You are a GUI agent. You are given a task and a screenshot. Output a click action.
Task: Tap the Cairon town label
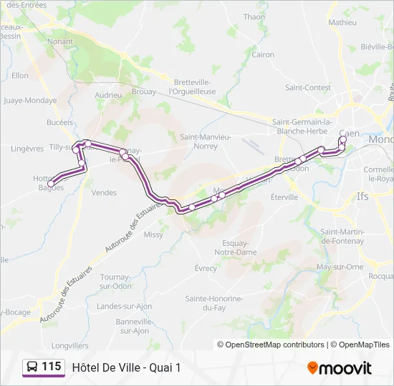pos(263,54)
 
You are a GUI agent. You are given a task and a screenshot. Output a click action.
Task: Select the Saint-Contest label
pos(307,88)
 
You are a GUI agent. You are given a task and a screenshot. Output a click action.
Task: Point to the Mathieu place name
pos(342,22)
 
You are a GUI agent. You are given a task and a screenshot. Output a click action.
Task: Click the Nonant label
pos(59,41)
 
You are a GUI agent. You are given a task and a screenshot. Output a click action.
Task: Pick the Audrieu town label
pos(108,94)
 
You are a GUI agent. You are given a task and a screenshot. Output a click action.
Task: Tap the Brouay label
pos(144,92)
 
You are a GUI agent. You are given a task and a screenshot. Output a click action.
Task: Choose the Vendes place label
pos(104,192)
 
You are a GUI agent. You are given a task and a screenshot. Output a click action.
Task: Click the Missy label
pos(153,234)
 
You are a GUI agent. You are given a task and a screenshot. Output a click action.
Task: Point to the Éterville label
pos(284,197)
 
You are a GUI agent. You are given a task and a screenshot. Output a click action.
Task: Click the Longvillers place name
pos(69,345)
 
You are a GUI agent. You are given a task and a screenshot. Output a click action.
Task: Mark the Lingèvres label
pos(28,149)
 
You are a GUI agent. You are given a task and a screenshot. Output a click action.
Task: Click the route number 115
pos(52,367)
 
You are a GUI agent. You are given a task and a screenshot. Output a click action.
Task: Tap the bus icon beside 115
pos(32,367)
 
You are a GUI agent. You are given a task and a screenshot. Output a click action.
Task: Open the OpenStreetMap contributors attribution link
pos(271,345)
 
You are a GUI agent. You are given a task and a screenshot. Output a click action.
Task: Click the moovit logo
pos(340,368)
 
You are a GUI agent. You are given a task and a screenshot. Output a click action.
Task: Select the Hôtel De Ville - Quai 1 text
pos(127,367)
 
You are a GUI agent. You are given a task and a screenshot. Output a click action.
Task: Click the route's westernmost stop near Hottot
pos(51,184)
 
